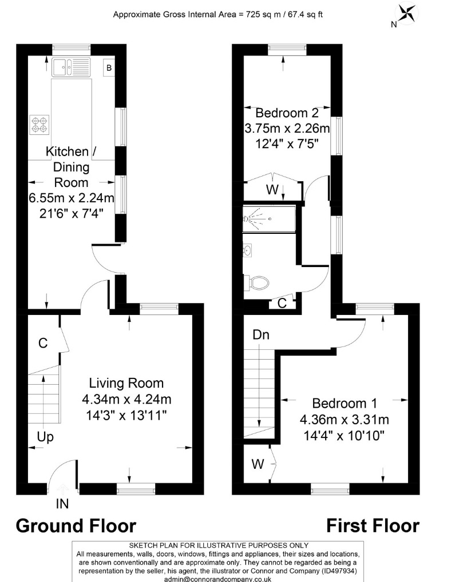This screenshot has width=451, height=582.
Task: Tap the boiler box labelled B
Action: [x=108, y=68]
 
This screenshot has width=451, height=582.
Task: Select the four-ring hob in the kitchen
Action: [x=39, y=125]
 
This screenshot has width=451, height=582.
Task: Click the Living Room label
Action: [x=126, y=383]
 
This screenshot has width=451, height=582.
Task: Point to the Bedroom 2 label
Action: [x=287, y=112]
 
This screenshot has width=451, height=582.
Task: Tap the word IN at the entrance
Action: [x=62, y=504]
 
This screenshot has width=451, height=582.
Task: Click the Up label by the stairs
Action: [x=45, y=437]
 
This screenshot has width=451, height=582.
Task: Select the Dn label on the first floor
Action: [x=261, y=335]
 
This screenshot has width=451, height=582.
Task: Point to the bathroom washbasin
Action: [x=248, y=250]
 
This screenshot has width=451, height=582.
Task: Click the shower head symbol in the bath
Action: [x=248, y=218]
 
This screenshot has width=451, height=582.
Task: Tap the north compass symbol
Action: [x=408, y=14]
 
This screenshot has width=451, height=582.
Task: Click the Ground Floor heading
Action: [x=76, y=525]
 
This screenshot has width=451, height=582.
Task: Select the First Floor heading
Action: [x=373, y=525]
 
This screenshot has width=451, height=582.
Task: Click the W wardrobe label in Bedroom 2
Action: [x=272, y=189]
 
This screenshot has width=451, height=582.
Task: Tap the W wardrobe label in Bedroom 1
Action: [x=258, y=464]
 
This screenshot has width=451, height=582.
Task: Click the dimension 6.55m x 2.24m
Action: [x=72, y=198]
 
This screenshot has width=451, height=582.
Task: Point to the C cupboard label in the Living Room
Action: [x=42, y=343]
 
